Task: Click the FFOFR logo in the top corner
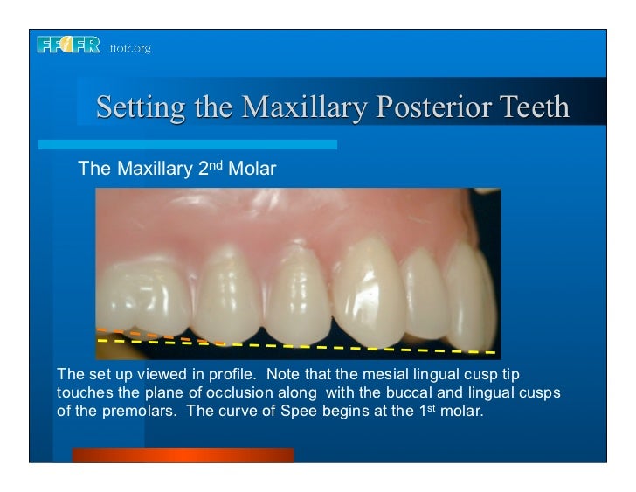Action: click(70, 46)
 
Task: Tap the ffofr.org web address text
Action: click(130, 48)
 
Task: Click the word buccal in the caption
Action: click(391, 391)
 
